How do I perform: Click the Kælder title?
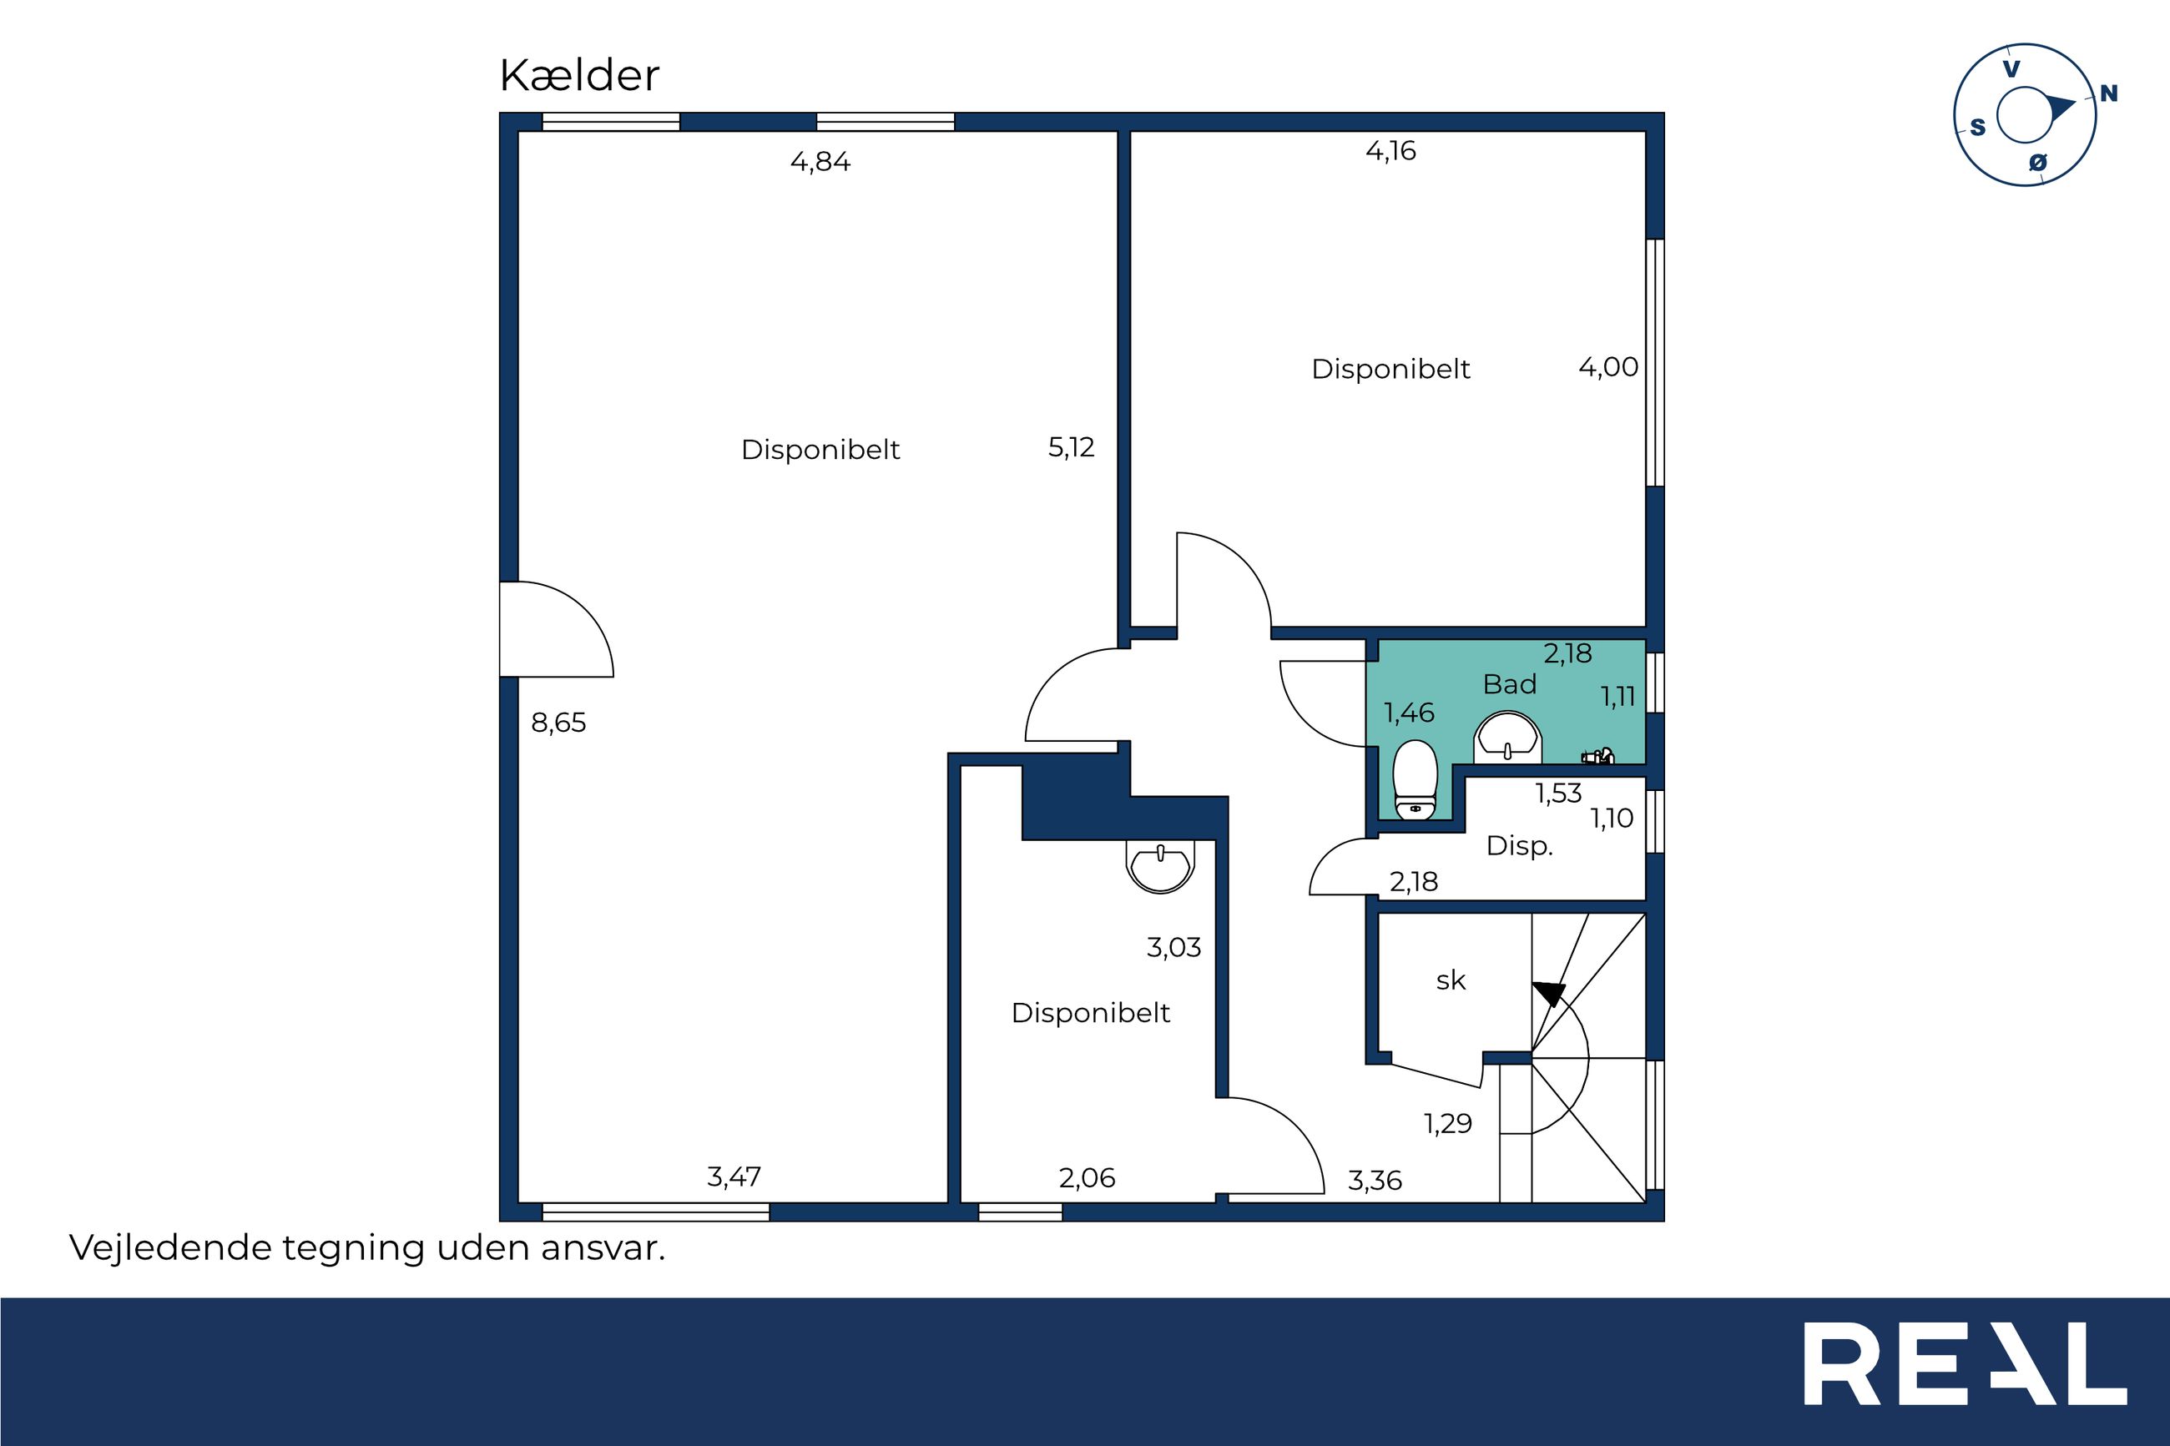(579, 76)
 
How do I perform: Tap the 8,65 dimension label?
(559, 723)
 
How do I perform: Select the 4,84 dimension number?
(820, 163)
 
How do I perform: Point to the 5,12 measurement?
(1072, 448)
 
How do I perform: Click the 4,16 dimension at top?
(1390, 151)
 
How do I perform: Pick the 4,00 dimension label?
(1608, 368)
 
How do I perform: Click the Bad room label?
(1510, 684)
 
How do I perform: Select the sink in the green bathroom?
(1507, 737)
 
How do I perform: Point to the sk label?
(1451, 980)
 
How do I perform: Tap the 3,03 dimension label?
(1174, 948)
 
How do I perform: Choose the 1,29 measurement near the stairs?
(1448, 1123)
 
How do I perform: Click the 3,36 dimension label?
(1375, 1181)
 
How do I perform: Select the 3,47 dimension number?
(734, 1177)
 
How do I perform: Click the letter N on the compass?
(2109, 94)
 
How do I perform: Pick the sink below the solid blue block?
(1160, 866)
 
